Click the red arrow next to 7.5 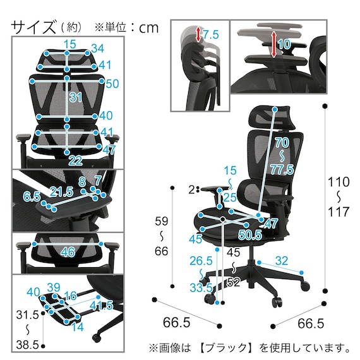[198, 35]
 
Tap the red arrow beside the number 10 [273, 44]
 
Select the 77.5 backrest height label [282, 170]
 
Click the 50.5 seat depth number [250, 235]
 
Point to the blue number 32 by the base [282, 261]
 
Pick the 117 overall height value [339, 212]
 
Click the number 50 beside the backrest [112, 83]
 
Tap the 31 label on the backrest [76, 97]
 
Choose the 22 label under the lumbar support [76, 160]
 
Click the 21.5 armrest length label [62, 192]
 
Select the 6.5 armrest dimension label [32, 197]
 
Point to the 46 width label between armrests [68, 252]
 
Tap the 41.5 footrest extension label [101, 305]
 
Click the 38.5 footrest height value [27, 345]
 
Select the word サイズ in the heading [33, 27]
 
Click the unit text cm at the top [149, 28]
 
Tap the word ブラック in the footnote [227, 347]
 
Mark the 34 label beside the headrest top [98, 49]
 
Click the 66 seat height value [162, 251]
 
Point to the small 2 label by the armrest [192, 189]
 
